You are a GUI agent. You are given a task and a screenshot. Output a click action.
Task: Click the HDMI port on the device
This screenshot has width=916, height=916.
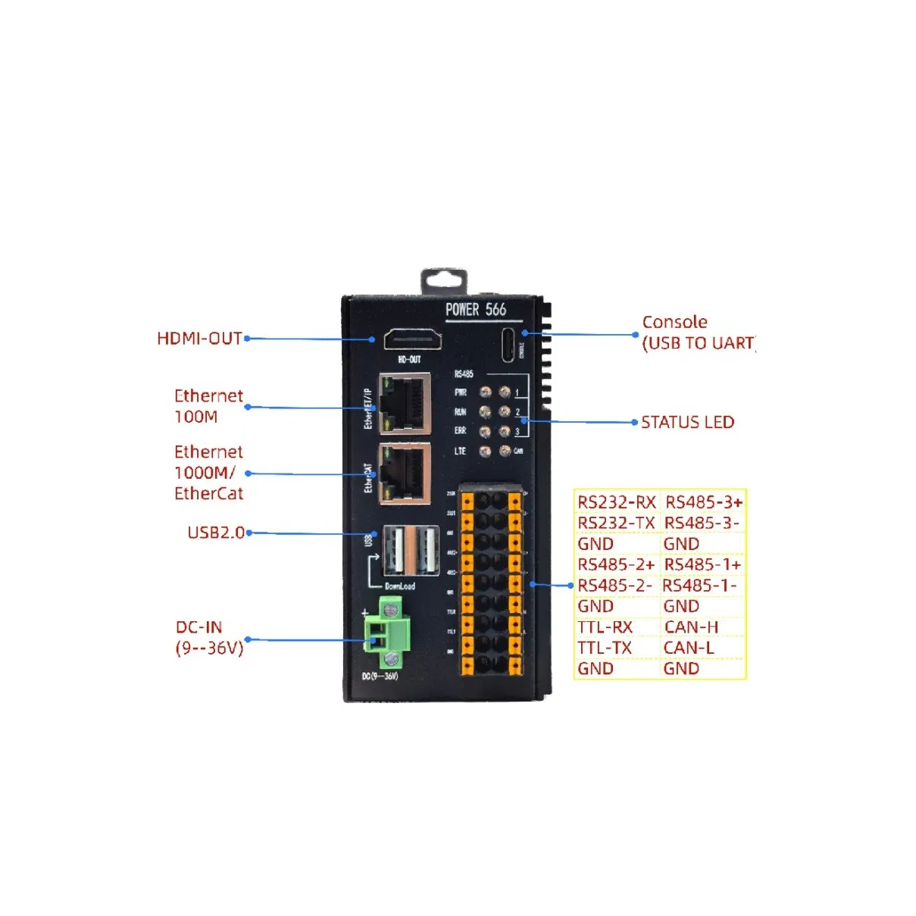pos(412,339)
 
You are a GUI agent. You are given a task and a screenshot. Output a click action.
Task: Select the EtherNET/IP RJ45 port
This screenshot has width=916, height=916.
pos(405,404)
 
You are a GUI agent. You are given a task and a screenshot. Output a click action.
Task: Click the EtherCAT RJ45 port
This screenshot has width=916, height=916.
pos(405,474)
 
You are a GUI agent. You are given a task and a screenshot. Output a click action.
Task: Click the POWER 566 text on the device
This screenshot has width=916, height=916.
pos(475,309)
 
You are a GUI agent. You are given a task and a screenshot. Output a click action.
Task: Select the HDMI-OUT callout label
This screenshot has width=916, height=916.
pos(199,339)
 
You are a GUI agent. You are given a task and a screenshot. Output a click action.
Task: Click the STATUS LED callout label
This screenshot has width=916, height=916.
pos(687,423)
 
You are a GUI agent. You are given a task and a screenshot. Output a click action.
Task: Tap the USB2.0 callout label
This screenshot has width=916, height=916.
pos(216,533)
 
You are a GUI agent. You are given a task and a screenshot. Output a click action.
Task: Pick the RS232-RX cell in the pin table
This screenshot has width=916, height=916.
pos(616,502)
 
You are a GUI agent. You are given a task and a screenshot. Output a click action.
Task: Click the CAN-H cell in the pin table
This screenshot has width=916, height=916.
pos(691,627)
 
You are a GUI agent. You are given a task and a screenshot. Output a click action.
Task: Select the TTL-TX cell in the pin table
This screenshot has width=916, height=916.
pos(605,648)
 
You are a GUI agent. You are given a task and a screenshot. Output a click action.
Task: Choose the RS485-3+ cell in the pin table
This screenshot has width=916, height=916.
pos(703,502)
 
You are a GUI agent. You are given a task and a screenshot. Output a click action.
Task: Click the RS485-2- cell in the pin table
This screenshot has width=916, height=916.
pos(614,586)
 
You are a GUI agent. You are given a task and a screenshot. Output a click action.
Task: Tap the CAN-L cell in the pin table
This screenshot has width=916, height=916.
pos(689,648)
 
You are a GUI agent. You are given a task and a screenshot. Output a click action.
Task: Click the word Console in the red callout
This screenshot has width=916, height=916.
pos(674,322)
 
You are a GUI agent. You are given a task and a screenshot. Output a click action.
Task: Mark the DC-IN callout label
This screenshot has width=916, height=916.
pos(199,627)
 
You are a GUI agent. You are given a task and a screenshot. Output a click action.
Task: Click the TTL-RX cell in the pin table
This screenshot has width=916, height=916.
pos(605,627)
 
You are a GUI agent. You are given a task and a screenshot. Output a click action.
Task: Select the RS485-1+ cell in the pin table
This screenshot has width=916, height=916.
pos(702,564)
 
